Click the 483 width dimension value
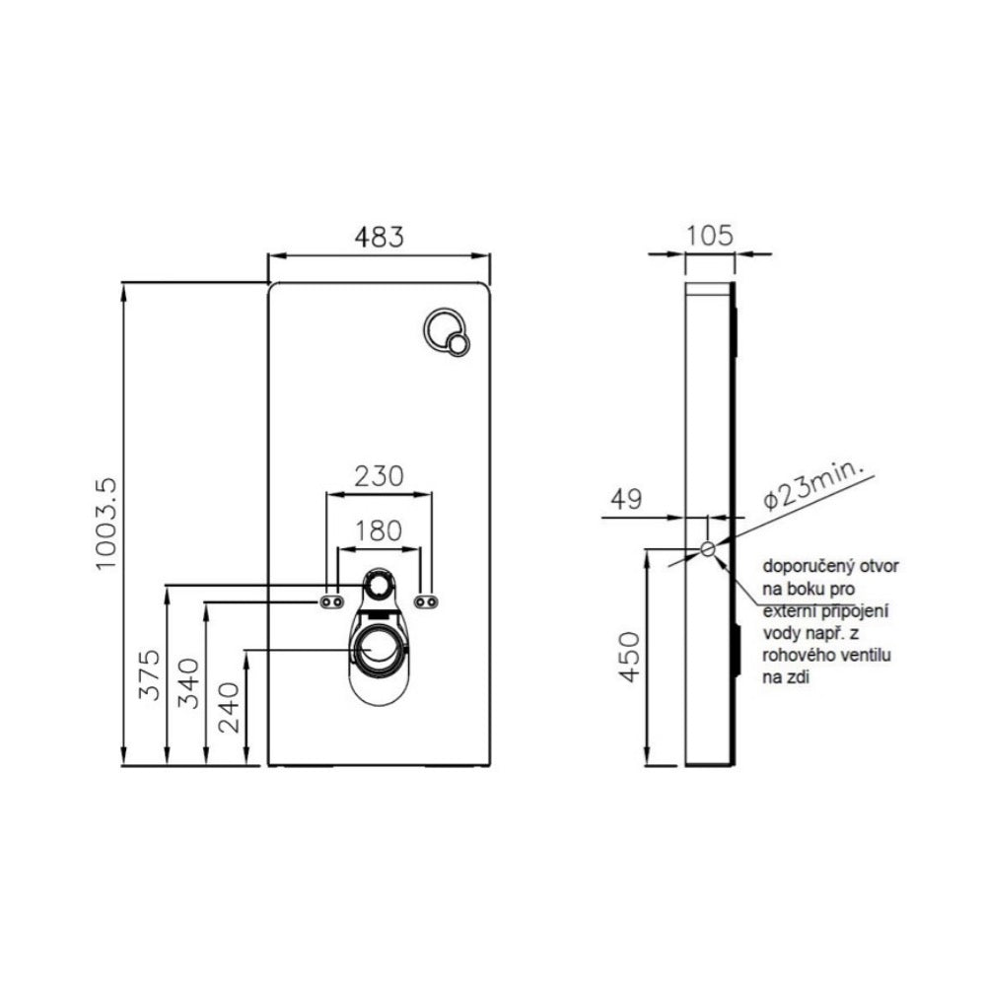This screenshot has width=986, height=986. tap(380, 237)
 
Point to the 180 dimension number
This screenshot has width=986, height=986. tap(380, 529)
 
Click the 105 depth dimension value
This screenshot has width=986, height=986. tap(710, 236)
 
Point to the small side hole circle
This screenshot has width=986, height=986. tap(708, 549)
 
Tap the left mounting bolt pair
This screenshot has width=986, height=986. tap(331, 601)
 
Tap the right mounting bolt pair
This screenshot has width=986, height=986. tap(427, 601)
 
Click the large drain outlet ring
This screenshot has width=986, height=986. tap(378, 649)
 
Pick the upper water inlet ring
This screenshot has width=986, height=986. tap(378, 587)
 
